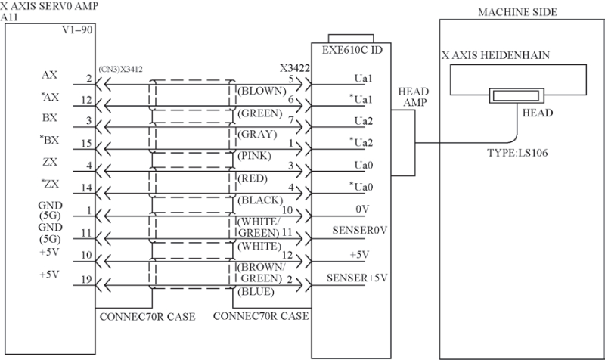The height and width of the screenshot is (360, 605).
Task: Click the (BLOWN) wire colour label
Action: coord(262,91)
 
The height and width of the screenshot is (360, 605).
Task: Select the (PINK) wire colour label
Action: coord(254,156)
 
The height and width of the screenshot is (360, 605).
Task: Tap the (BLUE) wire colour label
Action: coord(256,292)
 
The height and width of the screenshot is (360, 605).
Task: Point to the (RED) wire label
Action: coord(253,178)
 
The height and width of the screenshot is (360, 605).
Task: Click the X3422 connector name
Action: coord(295,68)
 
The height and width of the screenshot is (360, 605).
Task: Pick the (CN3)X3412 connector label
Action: coord(120,70)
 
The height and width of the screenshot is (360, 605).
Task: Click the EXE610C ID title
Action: coord(352,50)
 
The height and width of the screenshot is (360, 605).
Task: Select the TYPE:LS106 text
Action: coord(517,153)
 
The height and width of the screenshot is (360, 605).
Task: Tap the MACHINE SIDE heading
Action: coord(517,12)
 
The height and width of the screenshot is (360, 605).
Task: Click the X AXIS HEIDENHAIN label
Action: coord(496,55)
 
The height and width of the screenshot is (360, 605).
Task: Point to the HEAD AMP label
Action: coord(414,97)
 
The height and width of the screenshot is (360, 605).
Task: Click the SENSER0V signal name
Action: coord(360,231)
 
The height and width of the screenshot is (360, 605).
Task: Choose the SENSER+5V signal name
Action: coord(357,278)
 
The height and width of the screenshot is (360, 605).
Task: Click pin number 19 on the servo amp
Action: coord(86,279)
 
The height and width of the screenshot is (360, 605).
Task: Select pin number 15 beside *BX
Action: coord(86,143)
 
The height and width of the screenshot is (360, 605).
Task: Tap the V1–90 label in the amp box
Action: coord(78,29)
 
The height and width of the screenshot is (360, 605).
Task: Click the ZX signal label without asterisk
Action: coord(50,162)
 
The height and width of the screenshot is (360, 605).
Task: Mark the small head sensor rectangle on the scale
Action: coord(517,96)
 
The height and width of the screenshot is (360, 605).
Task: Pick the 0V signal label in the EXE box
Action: coord(362,209)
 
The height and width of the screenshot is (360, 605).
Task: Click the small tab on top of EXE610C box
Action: coord(351,39)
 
